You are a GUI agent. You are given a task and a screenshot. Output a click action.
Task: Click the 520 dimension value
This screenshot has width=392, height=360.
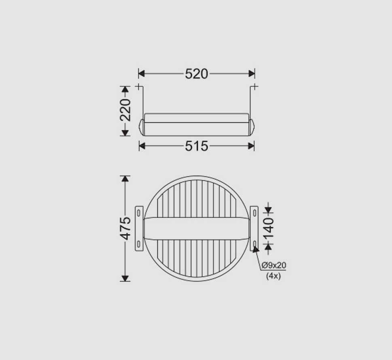click(x=197, y=74)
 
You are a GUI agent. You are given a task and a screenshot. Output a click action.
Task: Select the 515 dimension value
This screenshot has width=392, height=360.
click(x=197, y=146)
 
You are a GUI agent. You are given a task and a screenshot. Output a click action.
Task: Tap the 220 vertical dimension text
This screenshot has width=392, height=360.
click(x=125, y=110)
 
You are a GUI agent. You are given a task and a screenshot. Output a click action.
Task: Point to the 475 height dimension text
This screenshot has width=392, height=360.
click(x=125, y=228)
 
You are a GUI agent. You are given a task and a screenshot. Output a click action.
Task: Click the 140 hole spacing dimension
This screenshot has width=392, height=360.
click(x=269, y=228)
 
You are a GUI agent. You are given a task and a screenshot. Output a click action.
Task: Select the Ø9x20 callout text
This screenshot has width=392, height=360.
click(x=274, y=265)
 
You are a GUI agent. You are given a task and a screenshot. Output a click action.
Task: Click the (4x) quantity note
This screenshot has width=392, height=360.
click(x=273, y=276)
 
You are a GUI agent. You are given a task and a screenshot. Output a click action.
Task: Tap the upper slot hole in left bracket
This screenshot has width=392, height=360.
click(x=139, y=213)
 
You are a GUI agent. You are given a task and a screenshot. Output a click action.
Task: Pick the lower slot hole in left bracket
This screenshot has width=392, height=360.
click(x=139, y=244)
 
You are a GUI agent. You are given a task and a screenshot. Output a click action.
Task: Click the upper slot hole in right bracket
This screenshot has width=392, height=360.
click(x=254, y=213)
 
